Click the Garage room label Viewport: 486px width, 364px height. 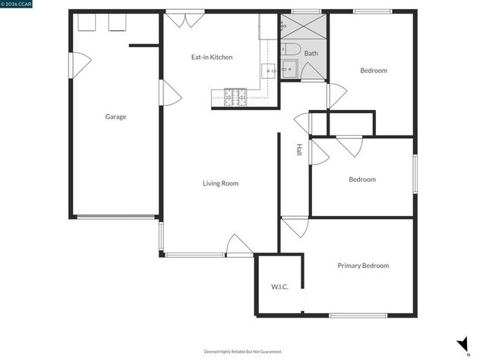115,117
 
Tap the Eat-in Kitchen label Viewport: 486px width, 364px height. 211,57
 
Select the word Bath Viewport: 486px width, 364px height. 311,54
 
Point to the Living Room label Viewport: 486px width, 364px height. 220,183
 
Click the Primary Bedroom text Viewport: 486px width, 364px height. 363,265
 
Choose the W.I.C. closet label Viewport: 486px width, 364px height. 279,287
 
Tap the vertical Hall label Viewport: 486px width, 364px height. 299,150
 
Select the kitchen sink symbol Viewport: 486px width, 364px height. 270,71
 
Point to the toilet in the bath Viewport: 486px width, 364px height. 289,50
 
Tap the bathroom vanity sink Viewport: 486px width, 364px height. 289,71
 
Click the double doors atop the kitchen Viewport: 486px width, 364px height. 186,19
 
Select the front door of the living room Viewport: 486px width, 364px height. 239,246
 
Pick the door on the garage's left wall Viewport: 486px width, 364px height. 79,64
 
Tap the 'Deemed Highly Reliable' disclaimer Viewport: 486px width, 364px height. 243,351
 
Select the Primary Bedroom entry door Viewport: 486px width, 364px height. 295,227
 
